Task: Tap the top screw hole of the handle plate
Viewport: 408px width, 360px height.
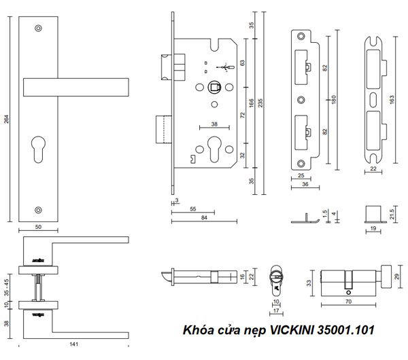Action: [x=39, y=28]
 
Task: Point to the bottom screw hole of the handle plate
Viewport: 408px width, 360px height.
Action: [x=39, y=209]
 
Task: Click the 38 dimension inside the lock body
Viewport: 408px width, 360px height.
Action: [x=214, y=124]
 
